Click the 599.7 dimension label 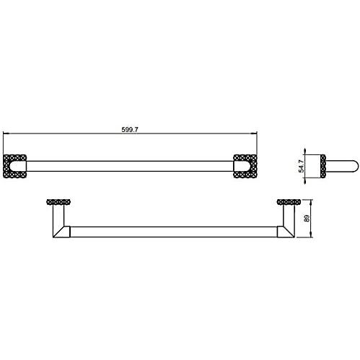tap(130, 130)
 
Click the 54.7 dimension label tap(301, 166)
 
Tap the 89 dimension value tap(307, 219)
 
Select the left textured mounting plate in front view tap(14, 166)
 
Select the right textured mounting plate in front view tap(245, 166)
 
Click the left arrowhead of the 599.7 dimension tap(6, 133)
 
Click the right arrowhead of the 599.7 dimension tap(254, 133)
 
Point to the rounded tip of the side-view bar tap(357, 167)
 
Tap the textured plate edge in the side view tap(323, 167)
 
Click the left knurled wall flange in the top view tap(58, 202)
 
